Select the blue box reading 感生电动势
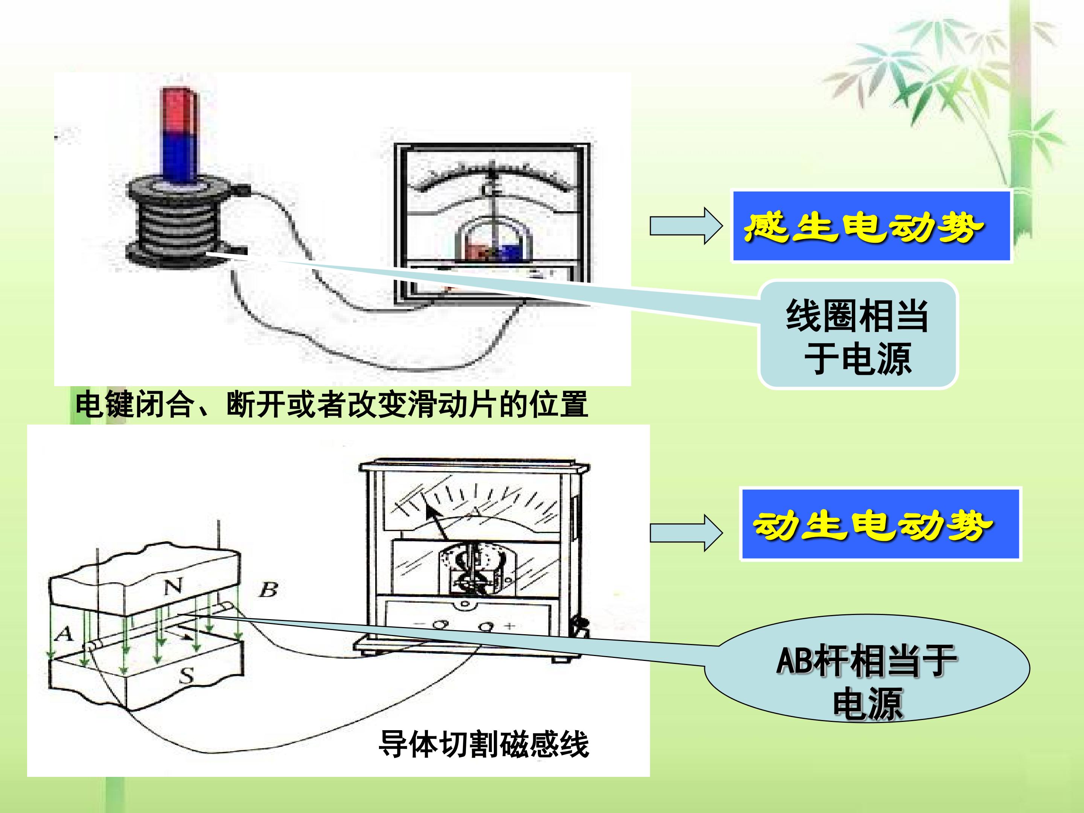(871, 227)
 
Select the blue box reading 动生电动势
(880, 524)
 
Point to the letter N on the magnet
(172, 586)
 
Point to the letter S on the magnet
(187, 676)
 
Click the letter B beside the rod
(268, 589)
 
